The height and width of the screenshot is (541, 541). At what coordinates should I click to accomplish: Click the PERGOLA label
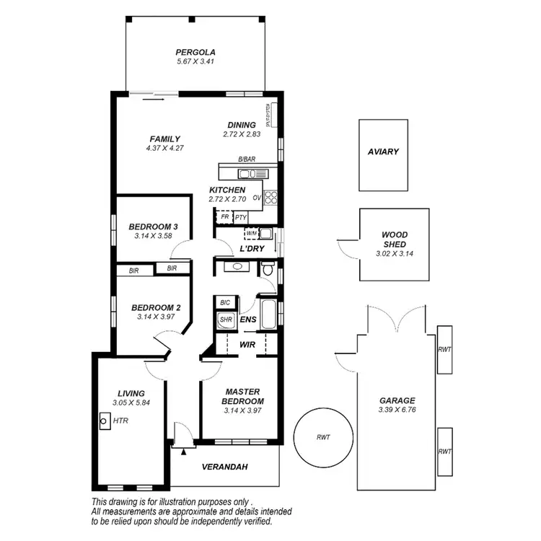pos(195,52)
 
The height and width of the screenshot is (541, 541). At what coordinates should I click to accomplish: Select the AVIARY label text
pos(383,151)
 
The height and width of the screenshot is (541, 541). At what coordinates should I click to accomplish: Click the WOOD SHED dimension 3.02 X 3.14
pos(394,253)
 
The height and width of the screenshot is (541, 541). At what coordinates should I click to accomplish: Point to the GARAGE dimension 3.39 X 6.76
pos(397,410)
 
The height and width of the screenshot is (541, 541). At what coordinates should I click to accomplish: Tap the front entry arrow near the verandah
pos(183,452)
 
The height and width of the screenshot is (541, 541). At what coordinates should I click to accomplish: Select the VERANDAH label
pos(224,467)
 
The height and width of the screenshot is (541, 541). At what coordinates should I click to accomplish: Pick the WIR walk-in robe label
pos(247,345)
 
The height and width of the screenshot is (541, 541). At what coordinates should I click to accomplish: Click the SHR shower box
pos(225,320)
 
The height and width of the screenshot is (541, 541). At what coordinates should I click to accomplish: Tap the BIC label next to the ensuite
pos(225,302)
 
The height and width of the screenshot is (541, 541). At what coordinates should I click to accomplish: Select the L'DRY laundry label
pos(252,249)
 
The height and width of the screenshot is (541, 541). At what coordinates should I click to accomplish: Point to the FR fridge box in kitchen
pos(224,216)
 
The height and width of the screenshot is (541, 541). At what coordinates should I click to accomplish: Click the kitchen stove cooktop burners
pos(271,196)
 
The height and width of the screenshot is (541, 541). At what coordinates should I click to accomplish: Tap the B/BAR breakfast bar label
pos(247,159)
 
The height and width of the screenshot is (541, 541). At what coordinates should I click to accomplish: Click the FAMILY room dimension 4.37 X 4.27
pos(164,149)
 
